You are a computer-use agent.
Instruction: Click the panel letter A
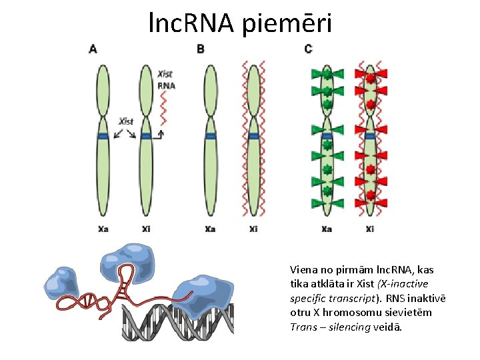pos(93,49)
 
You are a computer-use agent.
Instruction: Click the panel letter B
pos(201,49)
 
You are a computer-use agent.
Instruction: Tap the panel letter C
pos(308,49)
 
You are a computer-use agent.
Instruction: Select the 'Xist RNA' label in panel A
pos(166,79)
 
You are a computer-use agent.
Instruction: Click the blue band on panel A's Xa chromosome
pos(103,136)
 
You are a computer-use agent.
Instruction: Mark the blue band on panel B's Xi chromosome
pos(253,136)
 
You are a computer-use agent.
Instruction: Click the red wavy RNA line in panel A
pos(163,110)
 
